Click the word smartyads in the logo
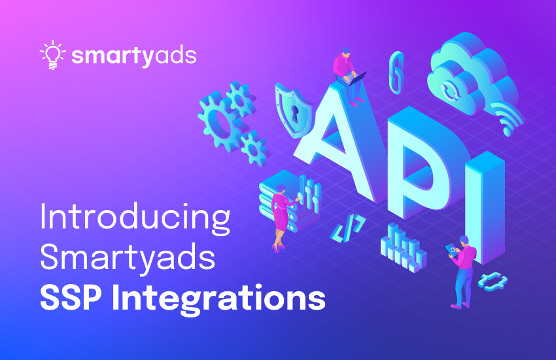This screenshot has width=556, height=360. pyautogui.click(x=133, y=56)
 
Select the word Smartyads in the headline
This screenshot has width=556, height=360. pyautogui.click(x=128, y=259)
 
